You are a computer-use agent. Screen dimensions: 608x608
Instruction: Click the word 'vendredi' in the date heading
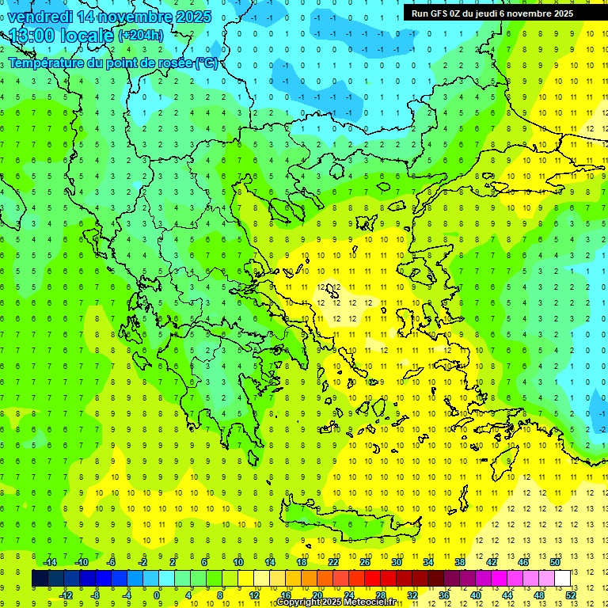(40, 17)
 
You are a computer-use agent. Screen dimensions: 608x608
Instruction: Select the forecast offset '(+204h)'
(141, 36)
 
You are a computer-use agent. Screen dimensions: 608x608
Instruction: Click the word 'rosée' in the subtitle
(169, 63)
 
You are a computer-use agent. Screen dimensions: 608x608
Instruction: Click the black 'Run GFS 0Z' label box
(498, 13)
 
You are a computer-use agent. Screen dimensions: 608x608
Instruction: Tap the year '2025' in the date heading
(193, 17)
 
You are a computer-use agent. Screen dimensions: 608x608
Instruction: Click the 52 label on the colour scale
(571, 595)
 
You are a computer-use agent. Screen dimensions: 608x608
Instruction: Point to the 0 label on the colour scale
(157, 595)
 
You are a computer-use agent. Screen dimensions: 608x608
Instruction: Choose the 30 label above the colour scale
(396, 562)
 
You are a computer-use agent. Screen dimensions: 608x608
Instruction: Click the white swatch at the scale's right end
(562, 579)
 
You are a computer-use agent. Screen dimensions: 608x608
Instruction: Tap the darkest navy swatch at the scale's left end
(40, 579)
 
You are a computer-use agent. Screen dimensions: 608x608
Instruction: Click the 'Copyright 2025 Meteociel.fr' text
(336, 602)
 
